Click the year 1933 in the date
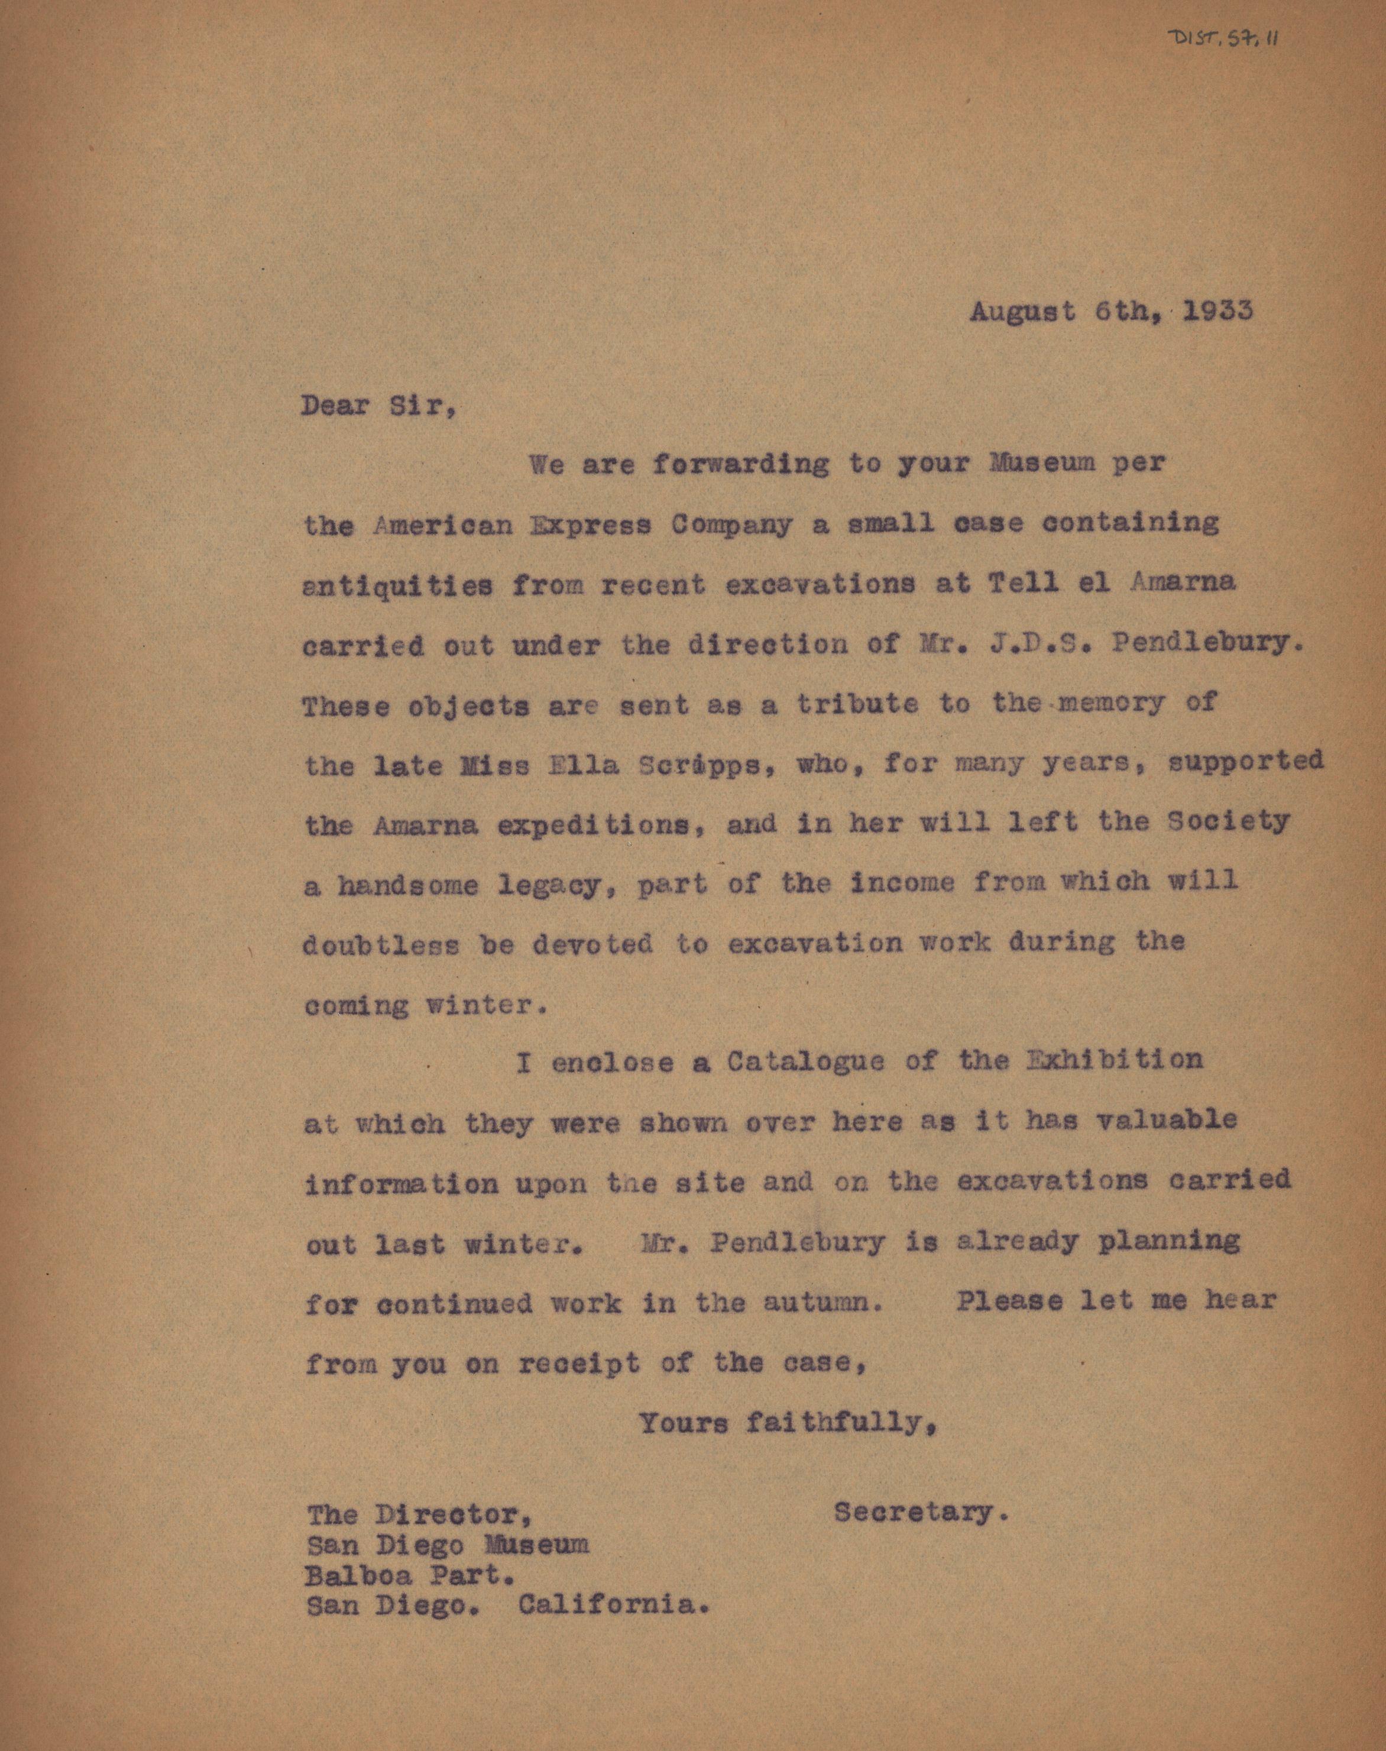1217,312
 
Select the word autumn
822,1303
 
